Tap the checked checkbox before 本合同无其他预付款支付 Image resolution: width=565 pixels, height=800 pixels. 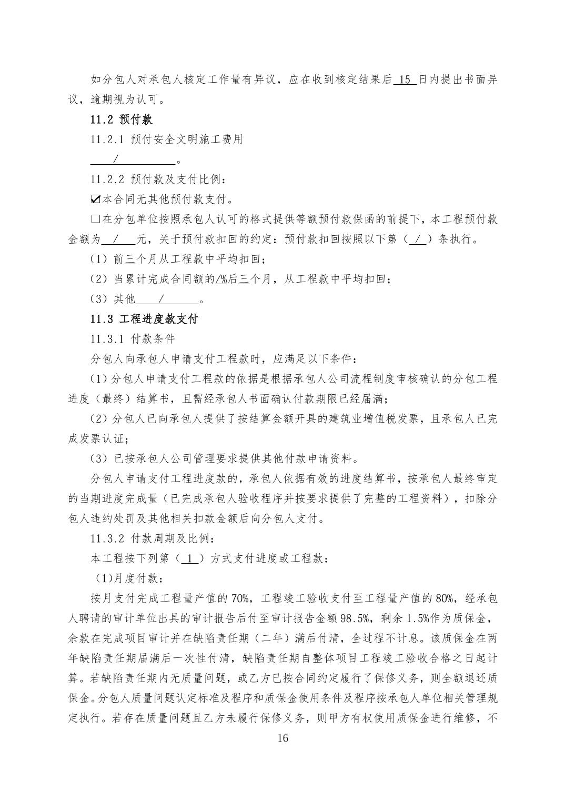[x=95, y=199]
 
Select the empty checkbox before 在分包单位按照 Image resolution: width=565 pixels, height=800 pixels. [x=95, y=219]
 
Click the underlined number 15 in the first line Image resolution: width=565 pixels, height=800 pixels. [x=405, y=80]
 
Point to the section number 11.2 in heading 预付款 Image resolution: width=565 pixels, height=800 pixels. [x=102, y=119]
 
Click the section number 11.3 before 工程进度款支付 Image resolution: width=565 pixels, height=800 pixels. [x=102, y=319]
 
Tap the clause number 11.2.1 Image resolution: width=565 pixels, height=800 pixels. [x=107, y=139]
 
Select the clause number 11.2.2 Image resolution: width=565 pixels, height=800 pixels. [x=107, y=179]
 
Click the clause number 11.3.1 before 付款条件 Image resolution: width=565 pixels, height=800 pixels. [x=107, y=339]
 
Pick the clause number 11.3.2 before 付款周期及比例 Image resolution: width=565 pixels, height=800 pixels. [x=107, y=539]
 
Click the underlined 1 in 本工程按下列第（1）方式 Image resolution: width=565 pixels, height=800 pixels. [x=190, y=558]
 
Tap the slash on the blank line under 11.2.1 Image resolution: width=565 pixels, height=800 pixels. [x=116, y=159]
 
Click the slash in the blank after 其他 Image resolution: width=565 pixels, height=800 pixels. [x=161, y=299]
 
